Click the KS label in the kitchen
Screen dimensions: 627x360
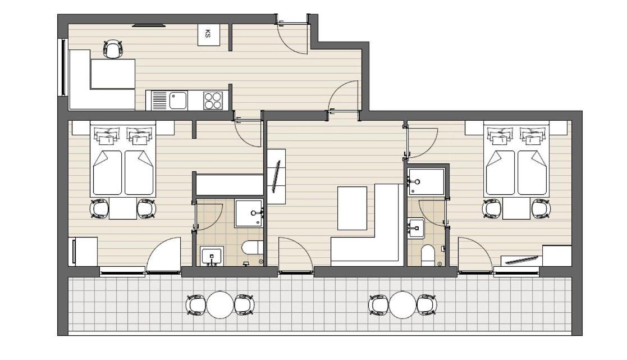[x=207, y=34]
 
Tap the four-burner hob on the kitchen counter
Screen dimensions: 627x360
[x=213, y=101]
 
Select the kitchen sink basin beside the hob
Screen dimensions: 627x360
[x=178, y=101]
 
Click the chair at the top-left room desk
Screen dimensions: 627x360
[x=113, y=49]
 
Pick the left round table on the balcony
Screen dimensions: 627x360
[x=220, y=305]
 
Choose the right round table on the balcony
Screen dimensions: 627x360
[x=402, y=305]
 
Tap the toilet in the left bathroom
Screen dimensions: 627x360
[x=253, y=248]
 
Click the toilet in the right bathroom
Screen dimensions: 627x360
[x=428, y=255]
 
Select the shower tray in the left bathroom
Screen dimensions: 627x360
[x=249, y=213]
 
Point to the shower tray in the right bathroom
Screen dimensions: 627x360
[x=426, y=182]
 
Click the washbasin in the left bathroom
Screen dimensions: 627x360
[x=212, y=256]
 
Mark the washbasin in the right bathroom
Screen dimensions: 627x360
[x=416, y=229]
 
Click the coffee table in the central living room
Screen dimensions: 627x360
[x=353, y=208]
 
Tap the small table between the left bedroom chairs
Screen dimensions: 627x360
[x=123, y=208]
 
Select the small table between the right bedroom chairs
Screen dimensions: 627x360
[x=516, y=208]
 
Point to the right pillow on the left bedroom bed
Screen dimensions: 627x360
[x=140, y=135]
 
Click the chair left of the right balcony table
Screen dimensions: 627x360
[x=378, y=305]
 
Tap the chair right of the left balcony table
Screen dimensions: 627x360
[x=244, y=305]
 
